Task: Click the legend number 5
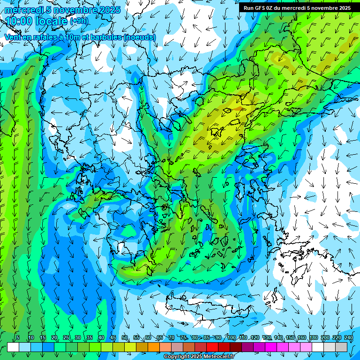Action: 18,338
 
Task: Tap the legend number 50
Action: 125,338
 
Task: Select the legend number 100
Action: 231,338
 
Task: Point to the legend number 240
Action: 348,338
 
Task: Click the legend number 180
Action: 313,338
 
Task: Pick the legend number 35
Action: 90,338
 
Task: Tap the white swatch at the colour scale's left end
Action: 13,347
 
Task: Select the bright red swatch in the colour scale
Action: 212,347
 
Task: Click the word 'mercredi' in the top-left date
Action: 23,10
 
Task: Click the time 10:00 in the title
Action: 18,21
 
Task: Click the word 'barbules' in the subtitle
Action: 107,37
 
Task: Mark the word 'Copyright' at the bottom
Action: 176,357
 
